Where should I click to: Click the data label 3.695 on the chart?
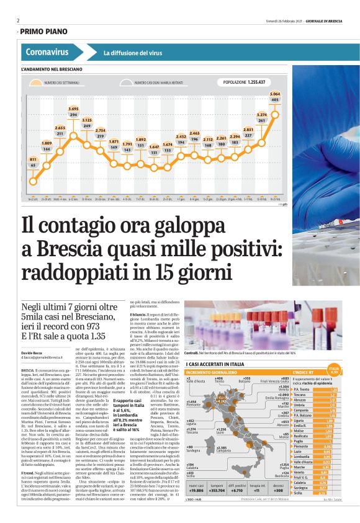pyautogui.click(x=73, y=108)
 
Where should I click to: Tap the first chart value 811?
pyautogui.click(x=33, y=159)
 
